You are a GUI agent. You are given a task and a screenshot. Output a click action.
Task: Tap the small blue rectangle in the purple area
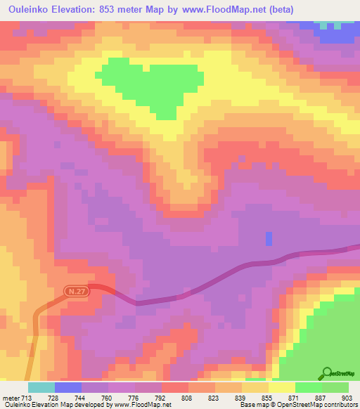click(x=269, y=239)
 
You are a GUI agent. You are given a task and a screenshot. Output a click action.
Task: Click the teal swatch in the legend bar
click(x=41, y=387)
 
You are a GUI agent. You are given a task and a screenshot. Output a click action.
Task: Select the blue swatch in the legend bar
click(x=68, y=387)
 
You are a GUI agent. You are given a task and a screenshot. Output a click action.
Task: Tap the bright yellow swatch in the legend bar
click(x=282, y=387)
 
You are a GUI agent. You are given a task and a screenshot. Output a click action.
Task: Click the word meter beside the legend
click(x=11, y=397)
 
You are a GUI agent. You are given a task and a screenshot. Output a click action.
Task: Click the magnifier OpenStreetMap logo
click(x=326, y=372)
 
